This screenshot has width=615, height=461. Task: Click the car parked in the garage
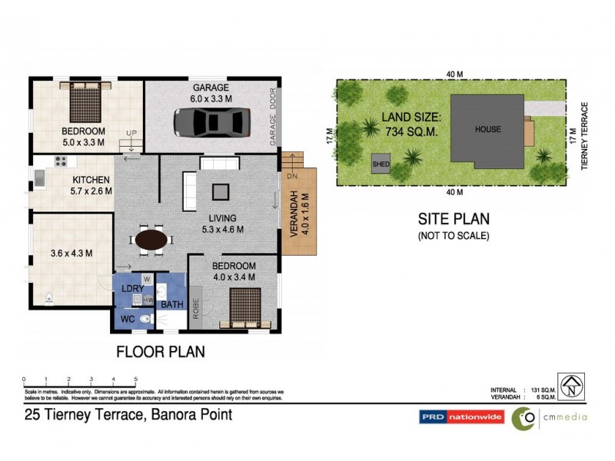[x=212, y=121]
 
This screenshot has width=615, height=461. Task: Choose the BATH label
[x=171, y=305]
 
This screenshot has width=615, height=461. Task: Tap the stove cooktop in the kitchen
[x=60, y=161]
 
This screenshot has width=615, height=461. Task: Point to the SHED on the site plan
[x=381, y=164]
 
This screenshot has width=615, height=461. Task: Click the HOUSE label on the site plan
[x=487, y=129]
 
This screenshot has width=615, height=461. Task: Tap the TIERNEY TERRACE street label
[x=585, y=136]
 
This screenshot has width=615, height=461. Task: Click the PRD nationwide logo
[x=460, y=417]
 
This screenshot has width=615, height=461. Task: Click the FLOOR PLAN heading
[x=160, y=353]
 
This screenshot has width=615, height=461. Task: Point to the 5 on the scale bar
[x=135, y=379]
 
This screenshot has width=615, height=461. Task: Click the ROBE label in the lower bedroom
[x=197, y=305]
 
